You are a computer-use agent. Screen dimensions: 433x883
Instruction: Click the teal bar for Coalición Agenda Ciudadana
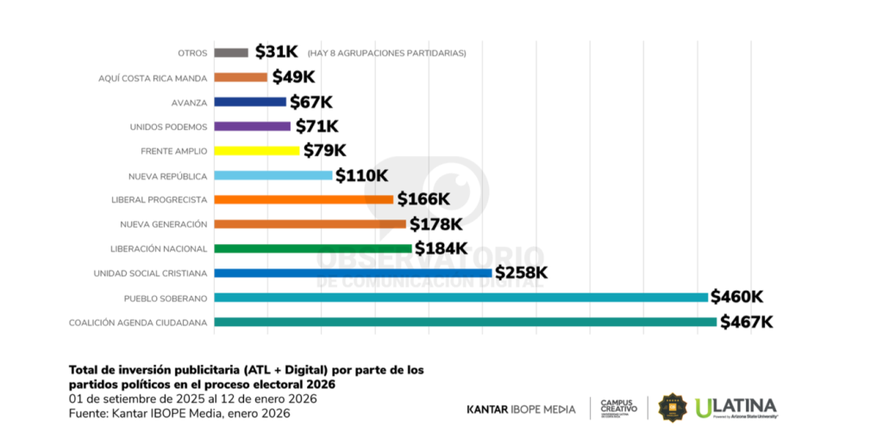point(465,322)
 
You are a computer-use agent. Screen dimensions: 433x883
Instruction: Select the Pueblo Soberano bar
point(460,298)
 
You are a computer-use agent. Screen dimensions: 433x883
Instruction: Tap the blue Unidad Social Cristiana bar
point(353,273)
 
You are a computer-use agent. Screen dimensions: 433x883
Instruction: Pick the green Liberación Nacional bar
point(312,248)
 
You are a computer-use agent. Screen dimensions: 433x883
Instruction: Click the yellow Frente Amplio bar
point(256,151)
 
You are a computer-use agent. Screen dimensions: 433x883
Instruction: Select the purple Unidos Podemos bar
point(252,126)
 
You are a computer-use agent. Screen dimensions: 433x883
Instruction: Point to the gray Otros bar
point(231,53)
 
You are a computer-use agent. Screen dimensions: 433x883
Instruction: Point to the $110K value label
point(361,176)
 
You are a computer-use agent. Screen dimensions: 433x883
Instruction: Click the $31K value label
point(277,53)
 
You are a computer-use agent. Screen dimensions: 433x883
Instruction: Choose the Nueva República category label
point(166,176)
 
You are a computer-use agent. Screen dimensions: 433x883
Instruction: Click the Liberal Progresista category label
point(160,200)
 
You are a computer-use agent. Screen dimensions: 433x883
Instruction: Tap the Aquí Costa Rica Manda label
point(153,78)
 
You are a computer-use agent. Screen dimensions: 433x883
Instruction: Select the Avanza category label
point(189,102)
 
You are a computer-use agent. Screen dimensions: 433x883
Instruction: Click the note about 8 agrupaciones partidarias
point(386,53)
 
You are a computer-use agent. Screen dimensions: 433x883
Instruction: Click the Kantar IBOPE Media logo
point(521,408)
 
